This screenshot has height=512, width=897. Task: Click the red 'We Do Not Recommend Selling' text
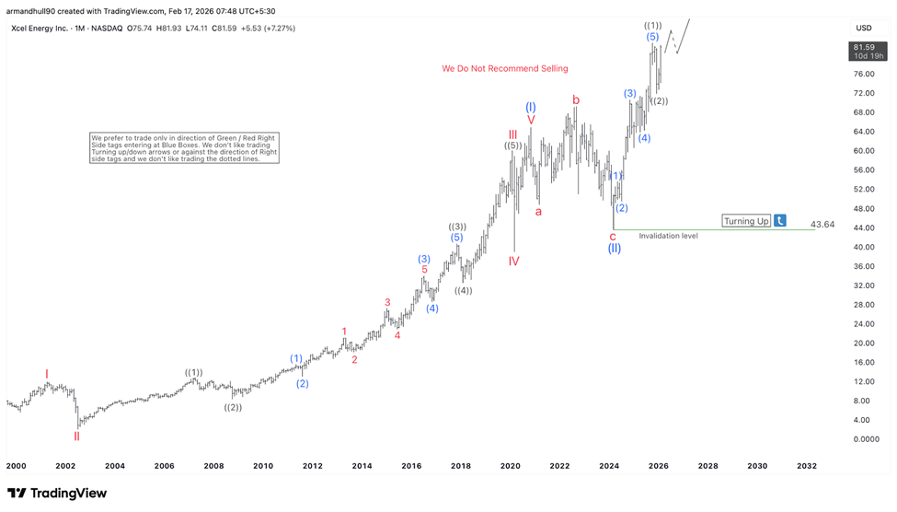coord(505,68)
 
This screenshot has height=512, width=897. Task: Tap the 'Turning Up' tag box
coord(746,221)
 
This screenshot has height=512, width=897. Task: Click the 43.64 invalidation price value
coord(822,225)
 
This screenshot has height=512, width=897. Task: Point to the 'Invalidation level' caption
coord(668,236)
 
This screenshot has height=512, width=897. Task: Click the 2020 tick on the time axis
coord(511,467)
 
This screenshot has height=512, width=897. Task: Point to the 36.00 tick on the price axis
coord(863,266)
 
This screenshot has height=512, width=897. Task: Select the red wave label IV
coord(513,262)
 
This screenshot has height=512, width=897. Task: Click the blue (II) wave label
coord(614,248)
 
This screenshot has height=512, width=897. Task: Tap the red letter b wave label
coord(576,99)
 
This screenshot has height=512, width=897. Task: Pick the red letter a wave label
coord(538,211)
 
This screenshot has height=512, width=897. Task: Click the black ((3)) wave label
coord(457,227)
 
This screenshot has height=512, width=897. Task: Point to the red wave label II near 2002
coord(77,436)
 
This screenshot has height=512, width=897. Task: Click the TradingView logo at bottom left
coord(57,494)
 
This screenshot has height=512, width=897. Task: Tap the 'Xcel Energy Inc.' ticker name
coord(44,28)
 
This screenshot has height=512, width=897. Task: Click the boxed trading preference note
coord(184,147)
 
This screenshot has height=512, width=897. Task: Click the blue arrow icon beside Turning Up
coord(780,221)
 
